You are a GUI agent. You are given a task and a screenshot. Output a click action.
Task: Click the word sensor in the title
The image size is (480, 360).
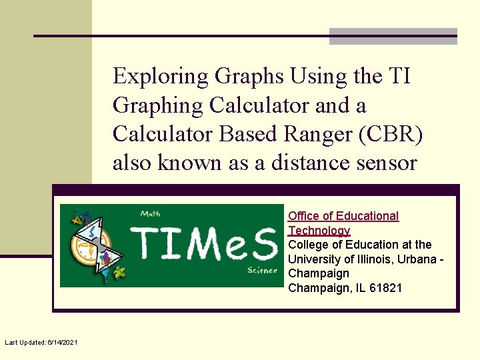click(x=387, y=163)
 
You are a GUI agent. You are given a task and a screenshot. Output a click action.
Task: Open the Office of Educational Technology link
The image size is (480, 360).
click(x=343, y=223)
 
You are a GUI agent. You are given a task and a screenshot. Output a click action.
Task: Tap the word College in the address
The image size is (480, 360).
click(x=307, y=245)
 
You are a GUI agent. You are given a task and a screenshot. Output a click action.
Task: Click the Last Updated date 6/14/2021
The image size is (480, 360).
click(x=62, y=342)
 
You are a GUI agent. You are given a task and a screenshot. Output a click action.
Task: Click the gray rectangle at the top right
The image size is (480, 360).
click(x=393, y=36)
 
